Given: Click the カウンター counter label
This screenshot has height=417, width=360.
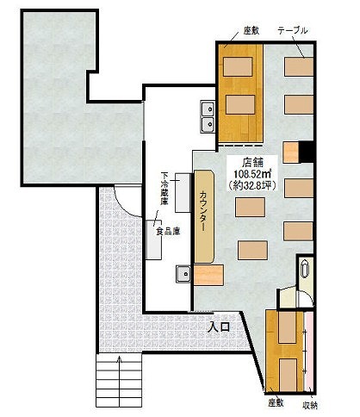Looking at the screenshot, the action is pos(203,210).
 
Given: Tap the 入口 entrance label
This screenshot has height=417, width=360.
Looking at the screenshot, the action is pos(220,327).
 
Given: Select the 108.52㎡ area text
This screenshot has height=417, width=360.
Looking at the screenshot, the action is pos(253,174).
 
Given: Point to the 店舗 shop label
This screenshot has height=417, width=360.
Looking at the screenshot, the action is pos(252,163).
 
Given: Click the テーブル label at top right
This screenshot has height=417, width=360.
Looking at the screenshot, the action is pos(293,30).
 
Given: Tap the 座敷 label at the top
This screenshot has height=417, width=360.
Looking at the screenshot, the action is pos(251,30).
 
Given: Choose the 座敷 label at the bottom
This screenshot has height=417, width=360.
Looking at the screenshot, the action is pos(276,403).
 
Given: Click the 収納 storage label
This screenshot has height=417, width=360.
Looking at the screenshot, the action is pos(310,405).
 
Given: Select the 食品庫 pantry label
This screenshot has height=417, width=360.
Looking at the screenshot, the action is pos(168,231).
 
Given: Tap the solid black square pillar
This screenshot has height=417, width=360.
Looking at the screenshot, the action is pos(306,152).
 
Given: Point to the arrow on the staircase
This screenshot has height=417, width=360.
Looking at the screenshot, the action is pos(120,359).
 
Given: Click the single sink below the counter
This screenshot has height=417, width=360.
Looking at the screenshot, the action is pos(183,274).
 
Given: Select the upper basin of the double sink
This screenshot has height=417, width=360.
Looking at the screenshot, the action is pos(208,109).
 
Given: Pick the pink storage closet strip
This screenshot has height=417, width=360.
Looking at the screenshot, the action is pos(309,352).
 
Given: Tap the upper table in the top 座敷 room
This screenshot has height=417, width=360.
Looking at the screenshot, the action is pos(238,66).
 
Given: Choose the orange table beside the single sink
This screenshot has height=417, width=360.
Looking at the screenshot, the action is pos(208,276).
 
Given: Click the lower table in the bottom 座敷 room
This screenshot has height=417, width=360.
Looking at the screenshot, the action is pos(288,375).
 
